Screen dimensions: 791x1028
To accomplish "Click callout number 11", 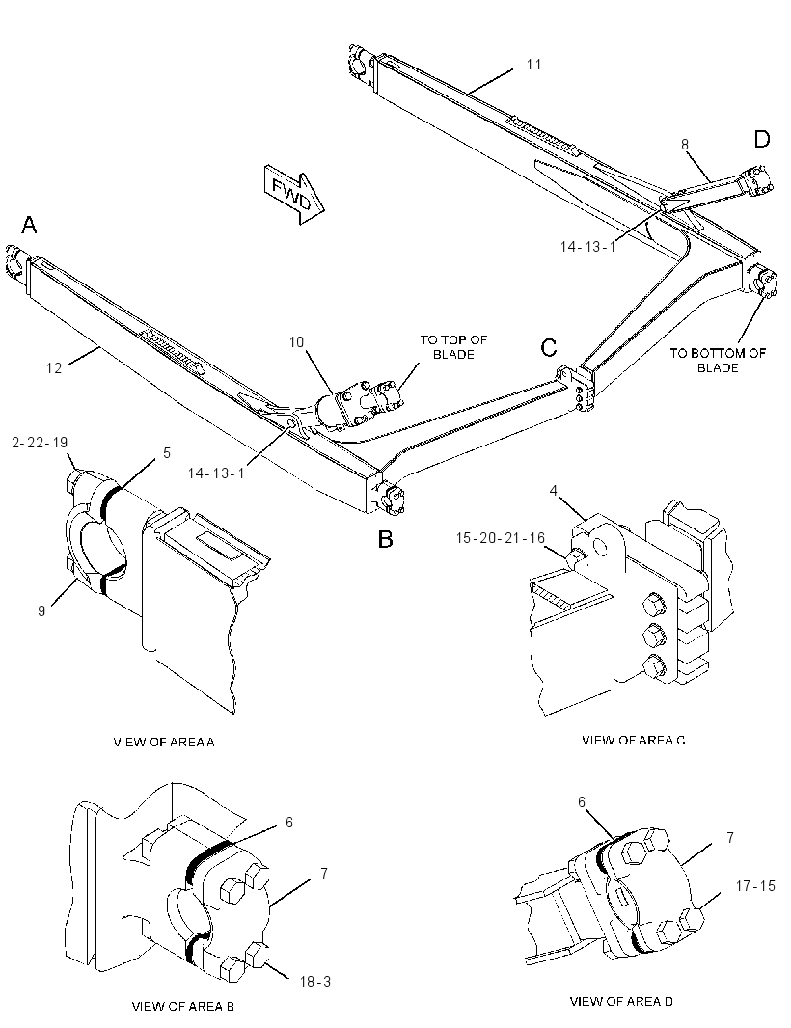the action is coord(533,65).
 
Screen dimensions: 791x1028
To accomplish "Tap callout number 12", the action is coord(54,367).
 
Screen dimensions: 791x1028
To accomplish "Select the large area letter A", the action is coord(29,225).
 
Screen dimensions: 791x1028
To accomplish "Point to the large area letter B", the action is coord(385,539).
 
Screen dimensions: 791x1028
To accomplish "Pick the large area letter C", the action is coord(549,347).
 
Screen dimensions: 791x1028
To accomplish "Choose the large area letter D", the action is coord(761,139).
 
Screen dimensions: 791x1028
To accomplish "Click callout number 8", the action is coord(685,145).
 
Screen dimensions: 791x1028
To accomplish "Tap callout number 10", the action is coord(296,341).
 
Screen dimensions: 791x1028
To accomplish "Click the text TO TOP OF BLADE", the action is coord(454,347).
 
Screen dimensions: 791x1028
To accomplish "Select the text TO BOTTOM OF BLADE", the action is coord(718,361).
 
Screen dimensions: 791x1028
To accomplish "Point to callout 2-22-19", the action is coord(40,443).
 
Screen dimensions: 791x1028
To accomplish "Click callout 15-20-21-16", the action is coord(501,537).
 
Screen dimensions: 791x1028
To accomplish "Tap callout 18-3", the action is coord(315,982).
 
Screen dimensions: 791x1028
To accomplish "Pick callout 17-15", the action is coord(755,885).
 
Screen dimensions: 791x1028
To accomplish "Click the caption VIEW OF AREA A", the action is coord(164,743).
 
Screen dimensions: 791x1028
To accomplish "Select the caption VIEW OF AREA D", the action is coord(621,1001).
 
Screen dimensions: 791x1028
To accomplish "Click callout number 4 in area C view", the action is coord(554,491).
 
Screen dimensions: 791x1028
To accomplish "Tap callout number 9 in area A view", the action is coord(41,610).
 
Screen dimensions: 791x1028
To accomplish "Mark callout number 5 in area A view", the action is coord(167,452).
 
